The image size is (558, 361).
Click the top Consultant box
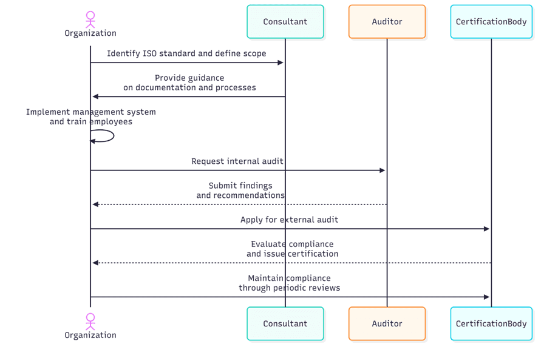[x=285, y=22]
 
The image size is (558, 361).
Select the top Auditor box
[x=387, y=22]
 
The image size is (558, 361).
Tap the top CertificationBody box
[x=491, y=22]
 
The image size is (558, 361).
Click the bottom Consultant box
[x=285, y=323]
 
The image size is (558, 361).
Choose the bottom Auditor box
[x=387, y=323]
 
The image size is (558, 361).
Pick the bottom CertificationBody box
[x=491, y=323]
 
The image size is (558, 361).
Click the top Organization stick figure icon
[x=90, y=19]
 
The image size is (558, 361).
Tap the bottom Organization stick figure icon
[x=90, y=321]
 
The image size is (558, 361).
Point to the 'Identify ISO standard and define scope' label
[x=186, y=53]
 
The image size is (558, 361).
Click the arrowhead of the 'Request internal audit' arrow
[x=383, y=170]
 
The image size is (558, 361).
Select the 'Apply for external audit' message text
[x=289, y=220]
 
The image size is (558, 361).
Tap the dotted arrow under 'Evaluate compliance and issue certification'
[x=291, y=263]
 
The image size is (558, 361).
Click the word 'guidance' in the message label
[x=206, y=78]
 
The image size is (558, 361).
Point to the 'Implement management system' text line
[x=90, y=112]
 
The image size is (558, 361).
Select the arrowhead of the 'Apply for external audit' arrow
[x=486, y=229]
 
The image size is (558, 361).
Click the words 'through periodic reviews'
[x=289, y=288]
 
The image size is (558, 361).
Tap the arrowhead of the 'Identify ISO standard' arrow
[x=281, y=62]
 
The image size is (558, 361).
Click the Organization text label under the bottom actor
[x=90, y=335]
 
